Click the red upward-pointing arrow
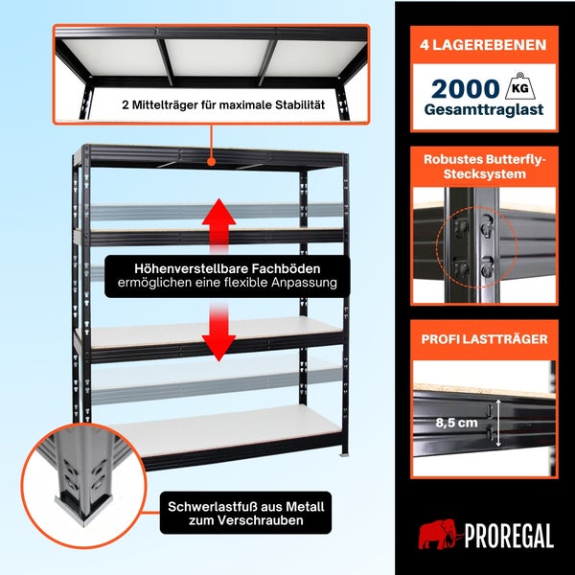pyautogui.click(x=218, y=225)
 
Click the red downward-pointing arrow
pyautogui.click(x=218, y=332)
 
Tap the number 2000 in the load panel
pyautogui.click(x=466, y=89)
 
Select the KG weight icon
pyautogui.click(x=519, y=87)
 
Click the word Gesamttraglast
pyautogui.click(x=484, y=110)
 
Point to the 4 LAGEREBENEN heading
pyautogui.click(x=483, y=45)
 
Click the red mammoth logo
pyautogui.click(x=439, y=534)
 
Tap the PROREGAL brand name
pyautogui.click(x=509, y=536)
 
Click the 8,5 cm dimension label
pyautogui.click(x=456, y=423)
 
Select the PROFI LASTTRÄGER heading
pyautogui.click(x=484, y=339)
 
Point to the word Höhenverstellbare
pyautogui.click(x=191, y=268)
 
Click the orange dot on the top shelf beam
pyautogui.click(x=211, y=161)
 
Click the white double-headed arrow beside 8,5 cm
pyautogui.click(x=498, y=424)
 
